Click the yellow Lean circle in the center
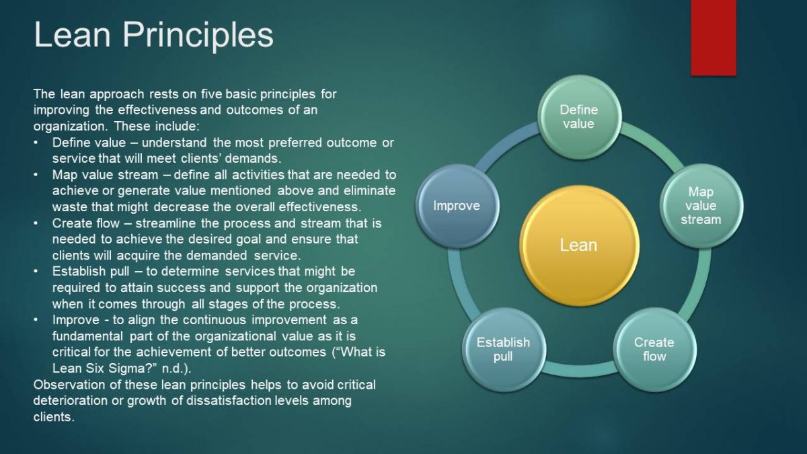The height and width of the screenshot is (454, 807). (x=579, y=245)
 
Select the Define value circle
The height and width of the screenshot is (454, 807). (x=579, y=117)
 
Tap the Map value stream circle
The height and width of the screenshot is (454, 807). (x=701, y=205)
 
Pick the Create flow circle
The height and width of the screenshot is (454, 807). (x=654, y=349)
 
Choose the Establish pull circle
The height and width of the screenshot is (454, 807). (x=503, y=349)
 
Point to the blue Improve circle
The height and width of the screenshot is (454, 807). (x=457, y=205)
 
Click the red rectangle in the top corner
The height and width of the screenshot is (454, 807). (x=714, y=38)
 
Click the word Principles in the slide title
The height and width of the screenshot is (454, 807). (x=198, y=35)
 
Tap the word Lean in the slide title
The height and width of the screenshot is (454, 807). (x=72, y=35)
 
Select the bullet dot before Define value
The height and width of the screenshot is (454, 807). (x=36, y=143)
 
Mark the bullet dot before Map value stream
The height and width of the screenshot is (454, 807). (x=36, y=175)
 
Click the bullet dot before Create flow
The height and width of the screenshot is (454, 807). (x=36, y=224)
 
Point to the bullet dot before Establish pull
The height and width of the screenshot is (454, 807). (x=36, y=271)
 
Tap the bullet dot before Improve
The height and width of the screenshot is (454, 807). (x=36, y=320)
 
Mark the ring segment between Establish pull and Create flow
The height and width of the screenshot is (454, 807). (x=579, y=369)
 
